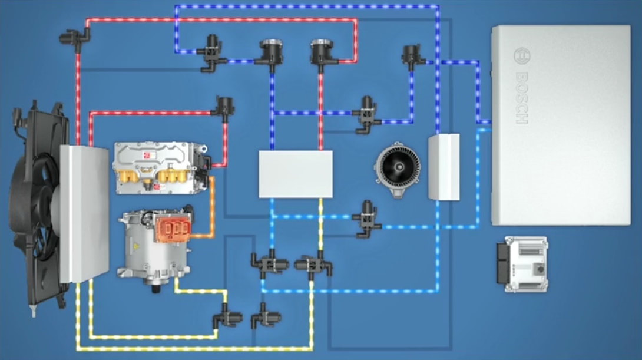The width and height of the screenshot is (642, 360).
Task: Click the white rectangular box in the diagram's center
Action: tap(295, 174)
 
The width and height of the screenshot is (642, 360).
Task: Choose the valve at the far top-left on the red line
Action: tap(74, 39)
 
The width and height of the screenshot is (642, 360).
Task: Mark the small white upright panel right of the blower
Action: tap(444, 166)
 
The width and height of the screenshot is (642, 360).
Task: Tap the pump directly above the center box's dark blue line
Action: tap(272, 53)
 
